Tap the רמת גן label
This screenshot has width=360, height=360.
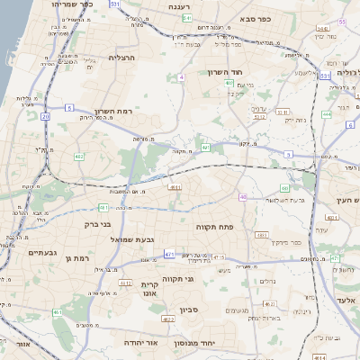coord(78,259)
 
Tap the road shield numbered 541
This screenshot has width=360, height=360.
coord(186,17)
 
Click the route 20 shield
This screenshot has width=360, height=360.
coord(45,116)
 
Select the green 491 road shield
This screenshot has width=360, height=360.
coord(205,147)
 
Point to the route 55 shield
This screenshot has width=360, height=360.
coord(342,22)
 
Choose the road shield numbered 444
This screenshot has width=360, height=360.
coord(326,114)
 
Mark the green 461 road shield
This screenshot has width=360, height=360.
coord(57,312)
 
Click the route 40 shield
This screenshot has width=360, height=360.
coord(243,196)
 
